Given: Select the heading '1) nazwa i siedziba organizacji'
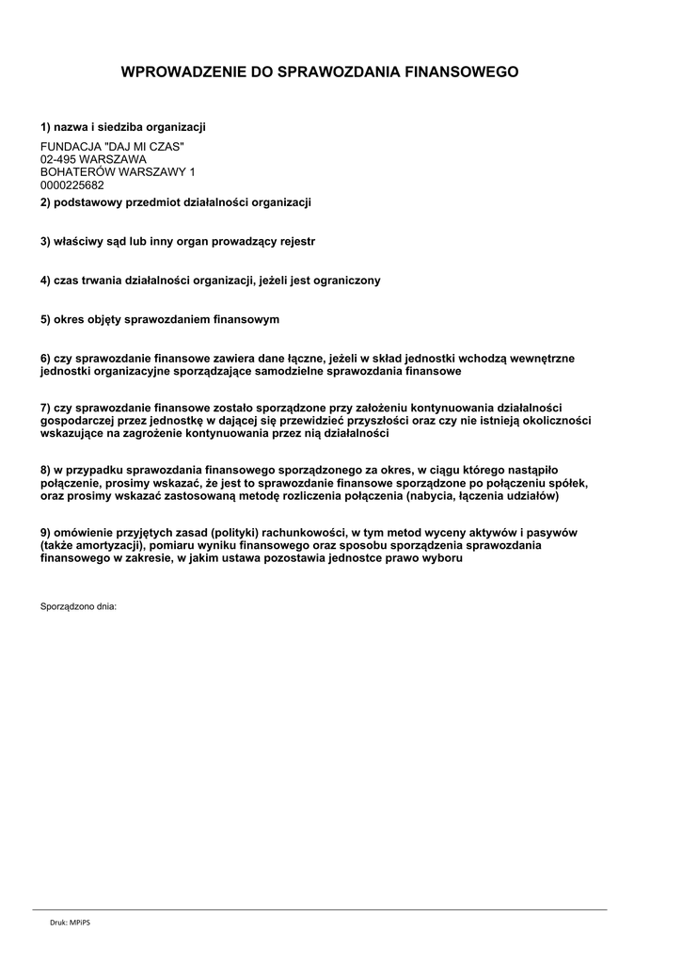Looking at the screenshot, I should [122, 127].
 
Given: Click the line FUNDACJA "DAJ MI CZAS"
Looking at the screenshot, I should [112, 147].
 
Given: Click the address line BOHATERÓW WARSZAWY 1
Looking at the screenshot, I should [118, 172].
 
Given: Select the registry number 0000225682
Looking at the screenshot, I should [72, 185].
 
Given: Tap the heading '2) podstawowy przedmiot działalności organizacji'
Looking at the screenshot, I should [175, 202].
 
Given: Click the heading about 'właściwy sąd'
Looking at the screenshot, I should [178, 242].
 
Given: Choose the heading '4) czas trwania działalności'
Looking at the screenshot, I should [210, 281].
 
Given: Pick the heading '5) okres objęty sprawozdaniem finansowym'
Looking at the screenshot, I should [160, 320].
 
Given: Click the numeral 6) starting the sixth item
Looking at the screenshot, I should [45, 359].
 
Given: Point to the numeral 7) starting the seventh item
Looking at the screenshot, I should [45, 408].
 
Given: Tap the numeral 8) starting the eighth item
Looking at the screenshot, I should [45, 469].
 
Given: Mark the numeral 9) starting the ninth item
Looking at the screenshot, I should [45, 532].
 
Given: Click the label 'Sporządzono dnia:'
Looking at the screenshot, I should [78, 606].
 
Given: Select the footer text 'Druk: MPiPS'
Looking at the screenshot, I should [71, 923].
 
